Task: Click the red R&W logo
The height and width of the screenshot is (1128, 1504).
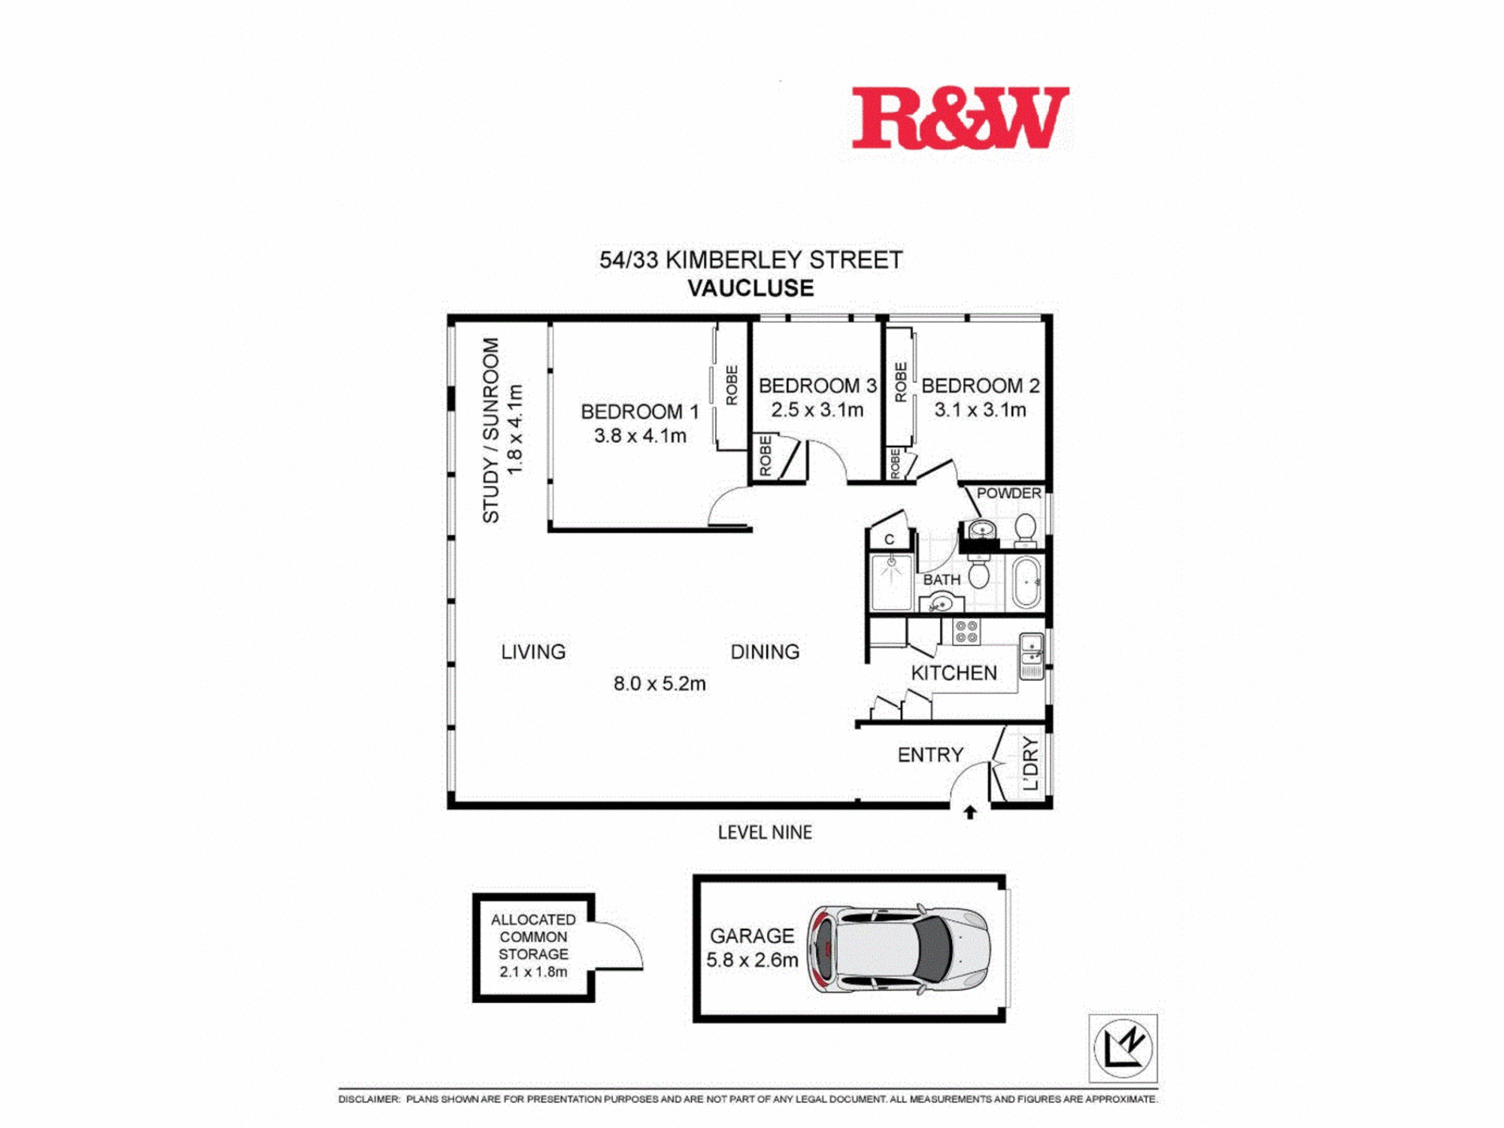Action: tap(960, 118)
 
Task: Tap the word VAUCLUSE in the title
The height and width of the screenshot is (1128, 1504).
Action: tap(750, 288)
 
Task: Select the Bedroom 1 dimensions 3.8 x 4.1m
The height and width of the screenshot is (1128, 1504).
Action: tap(640, 436)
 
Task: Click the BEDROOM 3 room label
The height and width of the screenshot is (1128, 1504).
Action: tap(817, 386)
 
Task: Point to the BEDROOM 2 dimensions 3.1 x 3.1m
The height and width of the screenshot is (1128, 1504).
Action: tap(980, 410)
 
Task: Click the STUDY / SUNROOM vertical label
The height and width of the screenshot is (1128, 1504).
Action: tap(490, 430)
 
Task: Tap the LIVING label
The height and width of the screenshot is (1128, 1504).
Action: tap(533, 652)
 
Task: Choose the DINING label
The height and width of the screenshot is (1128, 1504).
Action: tap(765, 652)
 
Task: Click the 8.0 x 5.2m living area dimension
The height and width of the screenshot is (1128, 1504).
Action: tap(660, 684)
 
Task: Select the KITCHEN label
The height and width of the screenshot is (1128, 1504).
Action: tap(954, 673)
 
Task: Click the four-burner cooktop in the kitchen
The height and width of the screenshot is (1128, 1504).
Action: tap(966, 632)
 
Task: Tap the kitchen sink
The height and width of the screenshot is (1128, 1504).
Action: tap(1031, 656)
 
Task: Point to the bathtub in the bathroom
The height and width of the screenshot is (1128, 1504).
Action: tap(1025, 582)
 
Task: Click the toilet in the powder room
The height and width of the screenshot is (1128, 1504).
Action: tap(1025, 530)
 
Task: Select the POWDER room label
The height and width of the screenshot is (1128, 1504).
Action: tap(1008, 493)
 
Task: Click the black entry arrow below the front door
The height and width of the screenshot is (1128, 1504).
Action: tap(970, 812)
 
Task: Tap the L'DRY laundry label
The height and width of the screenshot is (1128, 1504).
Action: tap(1030, 764)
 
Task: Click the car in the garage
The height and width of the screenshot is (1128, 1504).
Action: tap(899, 949)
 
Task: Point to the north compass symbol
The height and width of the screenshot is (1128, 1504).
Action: tap(1123, 1048)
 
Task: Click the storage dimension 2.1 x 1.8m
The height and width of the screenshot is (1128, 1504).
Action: tap(533, 972)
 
